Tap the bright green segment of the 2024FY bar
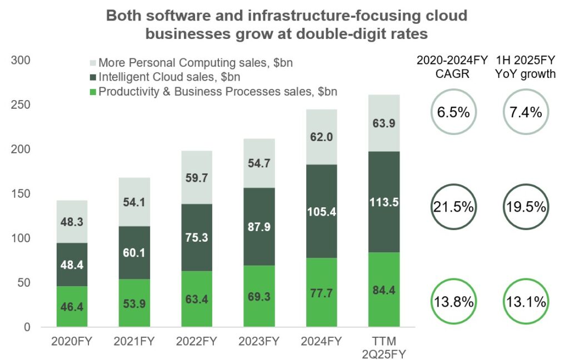[321, 292]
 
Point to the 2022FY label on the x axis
[196, 341]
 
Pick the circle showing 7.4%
[526, 112]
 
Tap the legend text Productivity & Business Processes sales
[218, 91]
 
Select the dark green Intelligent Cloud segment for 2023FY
[259, 226]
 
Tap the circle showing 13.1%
[526, 303]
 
